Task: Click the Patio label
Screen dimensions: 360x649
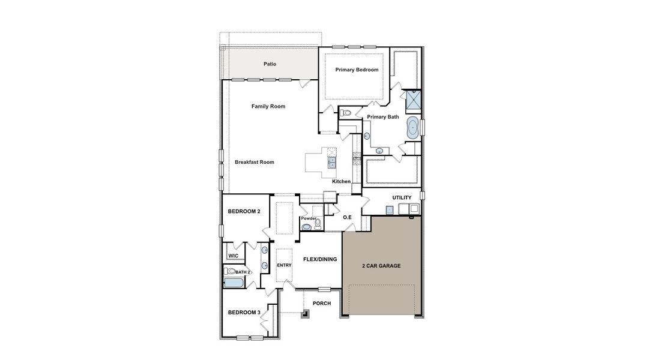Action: [x=270, y=64]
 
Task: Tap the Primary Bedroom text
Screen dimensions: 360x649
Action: [x=357, y=70]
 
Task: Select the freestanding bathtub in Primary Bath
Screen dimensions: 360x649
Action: [x=413, y=128]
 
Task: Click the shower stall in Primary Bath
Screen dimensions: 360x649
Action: [x=413, y=101]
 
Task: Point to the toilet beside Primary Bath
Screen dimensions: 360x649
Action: [x=345, y=113]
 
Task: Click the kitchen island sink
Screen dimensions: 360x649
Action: [x=331, y=161]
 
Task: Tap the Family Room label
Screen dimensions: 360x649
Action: [x=268, y=106]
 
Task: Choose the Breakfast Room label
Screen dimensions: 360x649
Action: [x=254, y=162]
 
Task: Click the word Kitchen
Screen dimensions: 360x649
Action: [x=341, y=181]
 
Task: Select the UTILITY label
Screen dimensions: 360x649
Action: [x=402, y=197]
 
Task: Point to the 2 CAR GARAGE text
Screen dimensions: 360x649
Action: [x=381, y=265]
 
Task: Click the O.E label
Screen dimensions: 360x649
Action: [x=347, y=217]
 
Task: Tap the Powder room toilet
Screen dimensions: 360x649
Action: [x=318, y=223]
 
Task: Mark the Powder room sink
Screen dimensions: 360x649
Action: [x=307, y=227]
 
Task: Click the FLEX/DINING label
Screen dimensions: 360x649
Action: [x=320, y=259]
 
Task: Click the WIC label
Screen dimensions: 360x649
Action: [x=233, y=256]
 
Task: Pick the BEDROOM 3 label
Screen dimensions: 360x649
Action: [x=244, y=312]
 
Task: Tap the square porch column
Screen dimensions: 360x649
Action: [x=306, y=313]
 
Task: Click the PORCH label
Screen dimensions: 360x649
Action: [x=322, y=303]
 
